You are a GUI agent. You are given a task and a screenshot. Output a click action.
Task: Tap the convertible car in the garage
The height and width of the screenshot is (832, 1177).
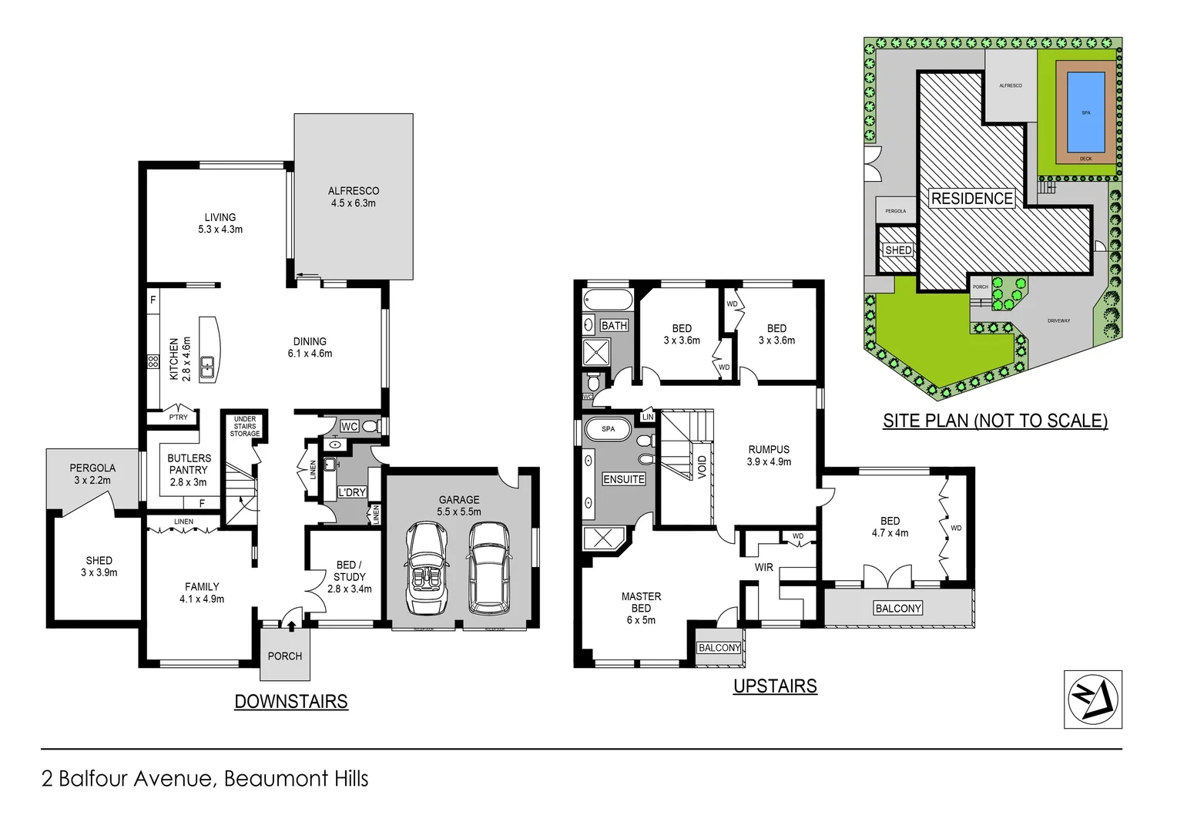click(428, 568)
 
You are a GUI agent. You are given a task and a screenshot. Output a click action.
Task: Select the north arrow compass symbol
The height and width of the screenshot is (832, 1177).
click(1092, 699)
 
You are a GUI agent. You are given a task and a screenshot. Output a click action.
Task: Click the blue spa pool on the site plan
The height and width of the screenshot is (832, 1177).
click(1085, 112)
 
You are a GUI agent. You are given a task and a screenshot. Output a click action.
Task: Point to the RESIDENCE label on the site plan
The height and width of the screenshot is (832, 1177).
click(971, 199)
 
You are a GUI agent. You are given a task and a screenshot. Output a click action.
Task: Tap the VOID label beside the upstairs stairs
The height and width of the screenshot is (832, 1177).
click(702, 467)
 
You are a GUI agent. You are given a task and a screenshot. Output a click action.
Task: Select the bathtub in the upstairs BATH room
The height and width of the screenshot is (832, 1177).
click(608, 300)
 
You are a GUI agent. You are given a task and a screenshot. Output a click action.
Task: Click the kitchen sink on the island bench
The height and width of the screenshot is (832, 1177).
click(207, 367)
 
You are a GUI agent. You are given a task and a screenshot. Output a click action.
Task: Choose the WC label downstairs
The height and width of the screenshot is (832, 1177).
click(349, 427)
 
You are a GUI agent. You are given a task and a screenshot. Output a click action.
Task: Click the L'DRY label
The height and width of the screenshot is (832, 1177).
click(352, 492)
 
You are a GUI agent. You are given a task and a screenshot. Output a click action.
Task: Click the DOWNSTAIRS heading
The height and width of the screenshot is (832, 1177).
click(291, 702)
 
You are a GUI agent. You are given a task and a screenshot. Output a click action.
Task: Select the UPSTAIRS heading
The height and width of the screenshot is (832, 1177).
click(775, 686)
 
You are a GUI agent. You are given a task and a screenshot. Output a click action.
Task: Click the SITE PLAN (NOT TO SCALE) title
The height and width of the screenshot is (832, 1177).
click(995, 421)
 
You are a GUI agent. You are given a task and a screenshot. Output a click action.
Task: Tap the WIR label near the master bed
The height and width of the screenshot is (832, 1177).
click(763, 567)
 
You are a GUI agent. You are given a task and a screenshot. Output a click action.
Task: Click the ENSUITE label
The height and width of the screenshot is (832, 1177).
click(624, 479)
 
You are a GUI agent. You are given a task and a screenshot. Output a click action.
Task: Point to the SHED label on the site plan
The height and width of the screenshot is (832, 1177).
click(898, 250)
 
